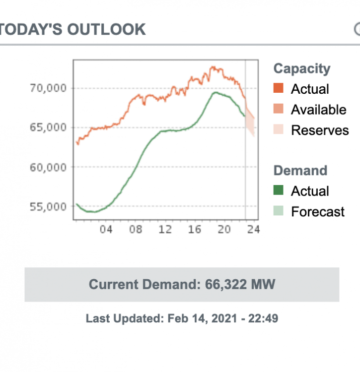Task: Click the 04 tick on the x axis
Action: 106,230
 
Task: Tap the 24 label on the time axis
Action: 254,230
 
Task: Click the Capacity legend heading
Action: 301,68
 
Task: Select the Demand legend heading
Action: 300,171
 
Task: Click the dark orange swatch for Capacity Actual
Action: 279,89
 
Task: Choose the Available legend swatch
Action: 279,110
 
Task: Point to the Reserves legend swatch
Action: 279,130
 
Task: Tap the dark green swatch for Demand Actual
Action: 279,191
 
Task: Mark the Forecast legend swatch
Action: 279,212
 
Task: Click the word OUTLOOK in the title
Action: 106,29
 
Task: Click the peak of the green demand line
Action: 215,92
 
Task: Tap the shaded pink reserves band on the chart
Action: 251,122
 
